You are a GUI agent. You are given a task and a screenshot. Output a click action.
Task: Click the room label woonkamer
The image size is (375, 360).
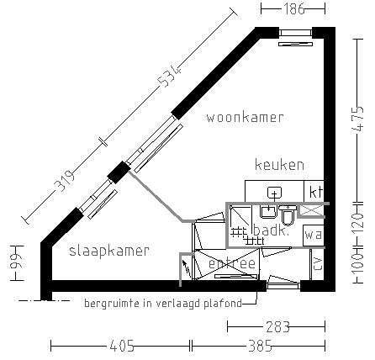coord(245,117)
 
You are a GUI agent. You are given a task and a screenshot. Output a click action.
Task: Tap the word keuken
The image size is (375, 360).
coord(279,165)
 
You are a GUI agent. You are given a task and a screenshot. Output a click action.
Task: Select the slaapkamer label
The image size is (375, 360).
coord(109,251)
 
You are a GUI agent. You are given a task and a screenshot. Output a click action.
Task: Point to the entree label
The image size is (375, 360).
coord(231,264)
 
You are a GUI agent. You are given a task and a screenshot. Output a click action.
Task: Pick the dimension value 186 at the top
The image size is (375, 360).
coord(293,9)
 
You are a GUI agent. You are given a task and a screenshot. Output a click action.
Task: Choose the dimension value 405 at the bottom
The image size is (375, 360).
coord(121,345)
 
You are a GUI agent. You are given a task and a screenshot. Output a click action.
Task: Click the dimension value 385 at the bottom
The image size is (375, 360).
coord(257,345)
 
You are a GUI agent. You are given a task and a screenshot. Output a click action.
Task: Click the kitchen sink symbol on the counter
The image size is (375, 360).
coord(273,193)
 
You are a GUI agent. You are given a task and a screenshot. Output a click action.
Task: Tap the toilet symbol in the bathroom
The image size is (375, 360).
coord(287,217)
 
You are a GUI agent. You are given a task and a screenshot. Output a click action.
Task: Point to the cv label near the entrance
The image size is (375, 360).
coord(316,264)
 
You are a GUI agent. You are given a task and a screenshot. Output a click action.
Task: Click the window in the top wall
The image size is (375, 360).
coord(295,33)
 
